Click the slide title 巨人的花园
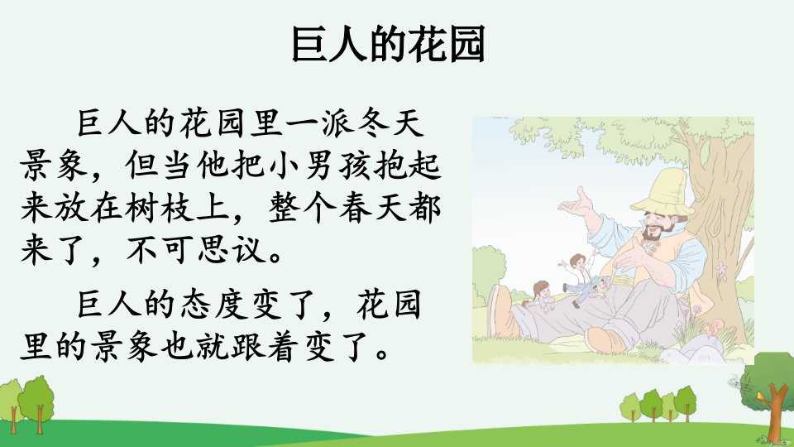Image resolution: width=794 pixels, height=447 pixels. point(389,44)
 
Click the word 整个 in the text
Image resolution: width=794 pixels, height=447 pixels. point(303,207)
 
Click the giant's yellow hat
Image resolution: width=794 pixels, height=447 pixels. point(663,193)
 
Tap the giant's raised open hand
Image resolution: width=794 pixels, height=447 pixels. point(578,204)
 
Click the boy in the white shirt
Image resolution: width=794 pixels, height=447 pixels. point(577,278)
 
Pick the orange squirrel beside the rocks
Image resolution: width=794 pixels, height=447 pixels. point(711,327)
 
